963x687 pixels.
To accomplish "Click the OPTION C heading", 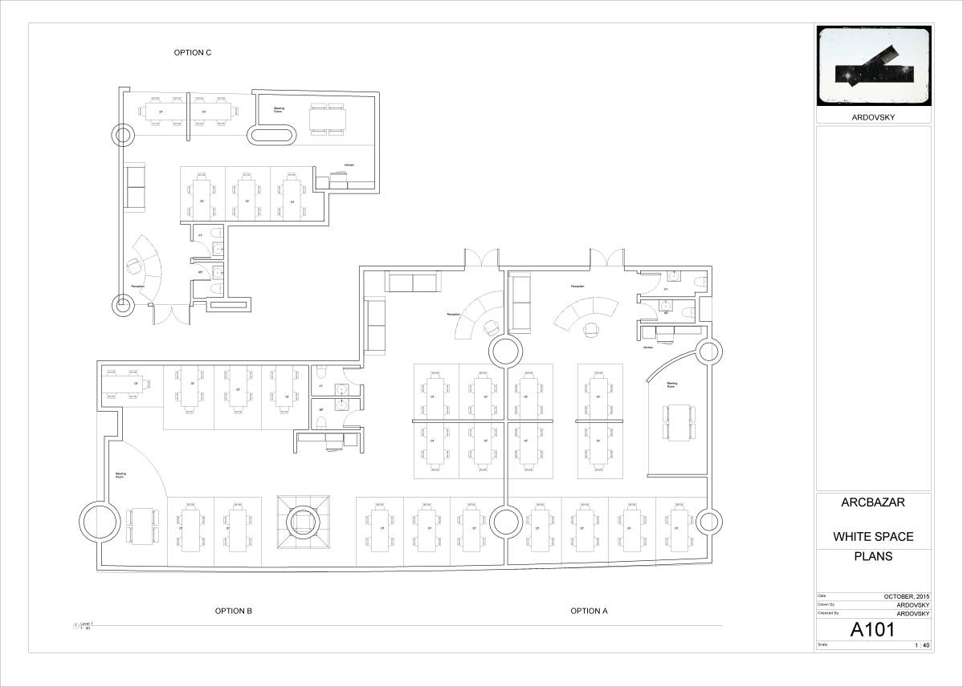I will click(193, 53).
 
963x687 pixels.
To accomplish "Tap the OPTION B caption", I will click(234, 611).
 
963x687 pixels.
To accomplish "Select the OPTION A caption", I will click(589, 611).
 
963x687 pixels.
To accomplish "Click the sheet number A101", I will click(871, 630).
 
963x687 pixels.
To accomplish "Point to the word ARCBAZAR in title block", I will click(873, 503).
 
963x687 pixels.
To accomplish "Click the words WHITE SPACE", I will click(873, 536).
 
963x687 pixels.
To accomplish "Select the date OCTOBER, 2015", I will click(906, 596).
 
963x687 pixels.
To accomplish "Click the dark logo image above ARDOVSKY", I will click(874, 66).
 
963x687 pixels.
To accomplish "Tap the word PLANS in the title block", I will click(873, 555).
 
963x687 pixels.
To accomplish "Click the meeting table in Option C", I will click(328, 119).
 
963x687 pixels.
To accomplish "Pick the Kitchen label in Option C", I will click(349, 165).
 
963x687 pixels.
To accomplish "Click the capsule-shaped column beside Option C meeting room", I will click(273, 135).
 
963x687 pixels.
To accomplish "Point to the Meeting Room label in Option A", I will click(671, 385).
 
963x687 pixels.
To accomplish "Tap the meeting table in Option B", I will click(143, 526).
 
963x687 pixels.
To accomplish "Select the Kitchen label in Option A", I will click(647, 348).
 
